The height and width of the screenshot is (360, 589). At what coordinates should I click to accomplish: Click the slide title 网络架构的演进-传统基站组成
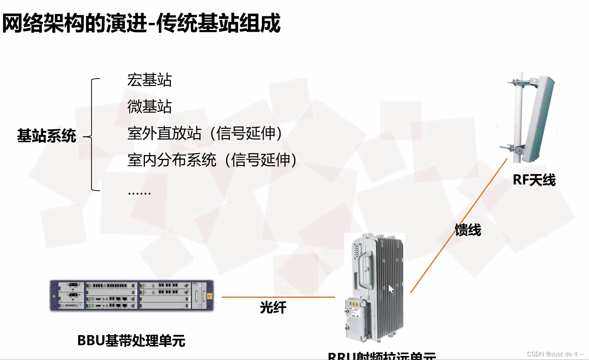(141, 23)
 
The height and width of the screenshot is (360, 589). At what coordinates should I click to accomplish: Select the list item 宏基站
(149, 80)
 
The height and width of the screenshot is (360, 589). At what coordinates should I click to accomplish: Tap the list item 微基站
(149, 107)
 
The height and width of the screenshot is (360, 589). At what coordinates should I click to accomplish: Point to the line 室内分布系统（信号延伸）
(212, 160)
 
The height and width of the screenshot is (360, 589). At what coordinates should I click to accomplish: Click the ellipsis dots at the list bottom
(139, 193)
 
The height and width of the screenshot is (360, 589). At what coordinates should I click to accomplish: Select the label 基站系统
(46, 136)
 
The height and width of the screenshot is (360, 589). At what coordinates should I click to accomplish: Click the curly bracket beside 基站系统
(92, 135)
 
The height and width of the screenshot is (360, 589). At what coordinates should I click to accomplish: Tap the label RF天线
(534, 180)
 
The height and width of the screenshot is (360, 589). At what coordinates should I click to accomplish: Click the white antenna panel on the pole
(539, 119)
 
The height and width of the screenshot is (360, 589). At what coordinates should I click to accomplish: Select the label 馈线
(468, 230)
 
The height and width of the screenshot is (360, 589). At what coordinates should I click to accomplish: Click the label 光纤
(273, 308)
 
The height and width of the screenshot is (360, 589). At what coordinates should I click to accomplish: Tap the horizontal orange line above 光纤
(278, 297)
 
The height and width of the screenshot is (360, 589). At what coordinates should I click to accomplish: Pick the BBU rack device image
(132, 296)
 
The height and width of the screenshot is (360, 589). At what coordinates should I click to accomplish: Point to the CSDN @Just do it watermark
(555, 354)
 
